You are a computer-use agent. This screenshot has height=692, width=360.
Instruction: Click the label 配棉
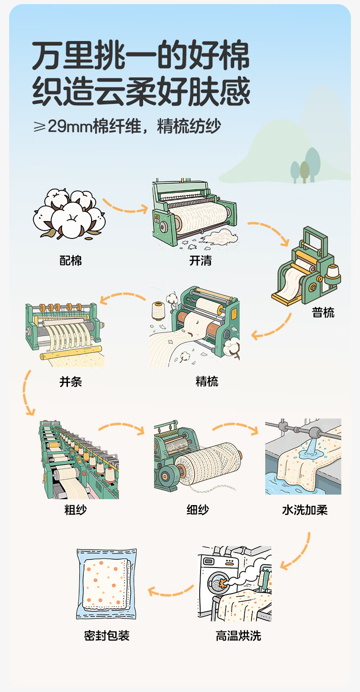coord(71,261)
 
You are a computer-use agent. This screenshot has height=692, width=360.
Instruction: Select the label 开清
coord(201,261)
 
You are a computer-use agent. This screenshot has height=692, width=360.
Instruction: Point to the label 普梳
coord(323,312)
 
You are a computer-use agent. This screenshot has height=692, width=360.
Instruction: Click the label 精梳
coord(207,381)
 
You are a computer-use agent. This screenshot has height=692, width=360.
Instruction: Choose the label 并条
coord(71,381)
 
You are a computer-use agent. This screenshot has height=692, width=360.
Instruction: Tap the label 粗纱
coord(76,510)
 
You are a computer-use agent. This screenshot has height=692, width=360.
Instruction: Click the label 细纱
coord(198,510)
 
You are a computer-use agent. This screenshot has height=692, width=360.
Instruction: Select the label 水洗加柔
coord(305,510)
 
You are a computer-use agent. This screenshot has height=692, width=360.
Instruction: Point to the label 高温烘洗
coord(238,635)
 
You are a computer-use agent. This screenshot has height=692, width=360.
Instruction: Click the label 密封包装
coord(107,635)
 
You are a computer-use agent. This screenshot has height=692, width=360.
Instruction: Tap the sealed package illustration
coord(107,584)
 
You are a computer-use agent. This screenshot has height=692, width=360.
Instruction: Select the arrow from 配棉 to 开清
coord(124,206)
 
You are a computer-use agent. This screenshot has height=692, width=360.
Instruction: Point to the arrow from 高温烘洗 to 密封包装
coord(171,592)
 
